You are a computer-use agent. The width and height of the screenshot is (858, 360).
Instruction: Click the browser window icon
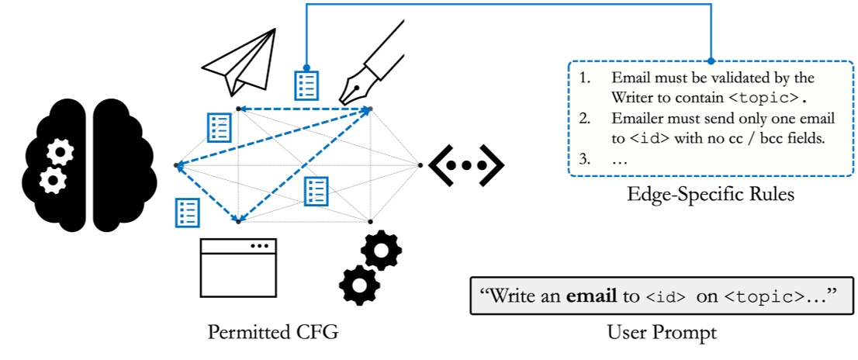(238, 268)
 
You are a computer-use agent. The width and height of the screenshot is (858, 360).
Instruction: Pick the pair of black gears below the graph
(371, 268)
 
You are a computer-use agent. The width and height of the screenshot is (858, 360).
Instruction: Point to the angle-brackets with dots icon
(466, 165)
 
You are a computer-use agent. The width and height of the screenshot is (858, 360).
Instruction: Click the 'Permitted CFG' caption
(272, 333)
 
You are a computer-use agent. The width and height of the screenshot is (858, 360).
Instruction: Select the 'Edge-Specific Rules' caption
(710, 195)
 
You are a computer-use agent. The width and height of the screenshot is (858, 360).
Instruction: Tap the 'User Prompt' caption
(662, 333)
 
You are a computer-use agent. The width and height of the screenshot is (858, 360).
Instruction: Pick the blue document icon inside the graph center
(316, 190)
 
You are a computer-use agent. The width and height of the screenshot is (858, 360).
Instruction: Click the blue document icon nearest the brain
(188, 211)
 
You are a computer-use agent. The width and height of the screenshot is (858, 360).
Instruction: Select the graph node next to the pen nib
(371, 108)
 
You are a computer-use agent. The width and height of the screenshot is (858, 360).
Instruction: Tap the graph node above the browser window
(238, 221)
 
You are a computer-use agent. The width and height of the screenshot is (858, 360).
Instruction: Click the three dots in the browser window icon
(259, 246)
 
